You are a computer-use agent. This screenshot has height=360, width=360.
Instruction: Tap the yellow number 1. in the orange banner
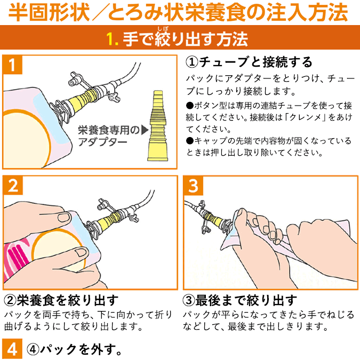tap(113, 39)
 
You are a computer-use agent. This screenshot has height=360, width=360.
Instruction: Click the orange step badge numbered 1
tap(12, 65)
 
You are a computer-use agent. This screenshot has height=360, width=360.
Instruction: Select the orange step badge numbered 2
tap(13, 185)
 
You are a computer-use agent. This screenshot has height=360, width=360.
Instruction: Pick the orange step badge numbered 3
tap(193, 186)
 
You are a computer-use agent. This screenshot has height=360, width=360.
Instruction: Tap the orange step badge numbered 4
tap(12, 349)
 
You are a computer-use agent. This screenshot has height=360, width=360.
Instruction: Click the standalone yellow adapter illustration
tap(158, 125)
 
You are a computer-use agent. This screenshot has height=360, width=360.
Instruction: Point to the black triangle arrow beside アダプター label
tap(145, 130)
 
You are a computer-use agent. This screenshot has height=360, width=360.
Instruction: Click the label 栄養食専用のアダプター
tap(109, 135)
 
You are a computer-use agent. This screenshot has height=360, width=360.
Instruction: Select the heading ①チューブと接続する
tap(249, 62)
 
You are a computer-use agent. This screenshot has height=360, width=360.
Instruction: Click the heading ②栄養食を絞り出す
tap(61, 301)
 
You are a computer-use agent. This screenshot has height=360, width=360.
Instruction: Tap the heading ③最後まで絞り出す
tap(240, 301)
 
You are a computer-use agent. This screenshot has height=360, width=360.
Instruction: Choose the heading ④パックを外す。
tap(74, 349)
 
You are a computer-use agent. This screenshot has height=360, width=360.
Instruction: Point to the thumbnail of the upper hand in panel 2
tap(64, 217)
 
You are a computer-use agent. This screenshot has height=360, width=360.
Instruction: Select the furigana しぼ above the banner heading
tap(163, 29)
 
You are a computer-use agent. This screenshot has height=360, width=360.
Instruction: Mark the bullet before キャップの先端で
tap(190, 140)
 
